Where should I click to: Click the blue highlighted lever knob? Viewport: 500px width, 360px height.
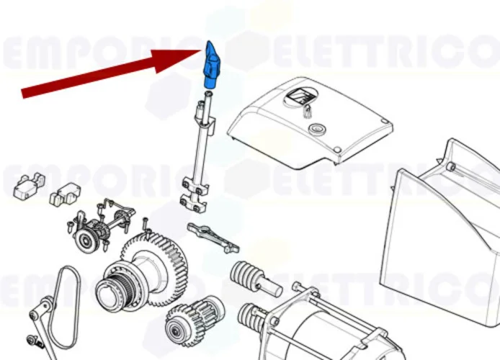[213, 66]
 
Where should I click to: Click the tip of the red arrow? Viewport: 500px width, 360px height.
[201, 50]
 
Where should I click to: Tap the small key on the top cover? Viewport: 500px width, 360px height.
[307, 111]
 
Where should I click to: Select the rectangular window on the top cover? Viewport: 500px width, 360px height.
[300, 96]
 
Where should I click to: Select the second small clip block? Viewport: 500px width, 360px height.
[67, 194]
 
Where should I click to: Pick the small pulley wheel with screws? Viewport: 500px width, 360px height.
[91, 238]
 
